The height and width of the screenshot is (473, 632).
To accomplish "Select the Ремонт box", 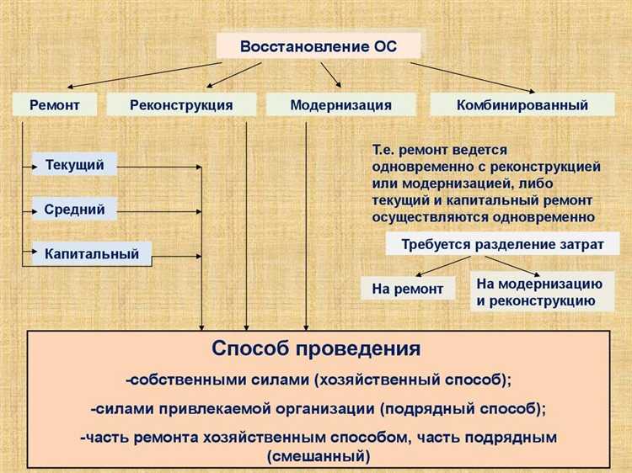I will coord(55,105).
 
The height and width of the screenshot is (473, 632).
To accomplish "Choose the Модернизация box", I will coord(340,105).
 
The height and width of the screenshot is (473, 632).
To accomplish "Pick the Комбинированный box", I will coord(522,105).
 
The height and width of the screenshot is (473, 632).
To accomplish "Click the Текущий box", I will coord(74,165).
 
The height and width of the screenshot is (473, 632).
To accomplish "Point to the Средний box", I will coord(74,210).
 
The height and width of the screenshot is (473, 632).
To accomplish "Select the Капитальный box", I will coord(92,253).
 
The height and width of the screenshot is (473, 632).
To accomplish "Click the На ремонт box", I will coord(407,289).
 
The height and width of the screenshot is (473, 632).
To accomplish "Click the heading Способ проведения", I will coord(316,348).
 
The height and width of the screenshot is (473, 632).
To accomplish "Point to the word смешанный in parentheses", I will coord(319,458).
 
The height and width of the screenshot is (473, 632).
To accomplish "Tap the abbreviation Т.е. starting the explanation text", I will coord(384,150).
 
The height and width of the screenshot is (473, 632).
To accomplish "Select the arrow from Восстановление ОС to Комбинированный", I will coord(472,76).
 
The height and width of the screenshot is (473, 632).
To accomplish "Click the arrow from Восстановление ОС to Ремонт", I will coord(143,75).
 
